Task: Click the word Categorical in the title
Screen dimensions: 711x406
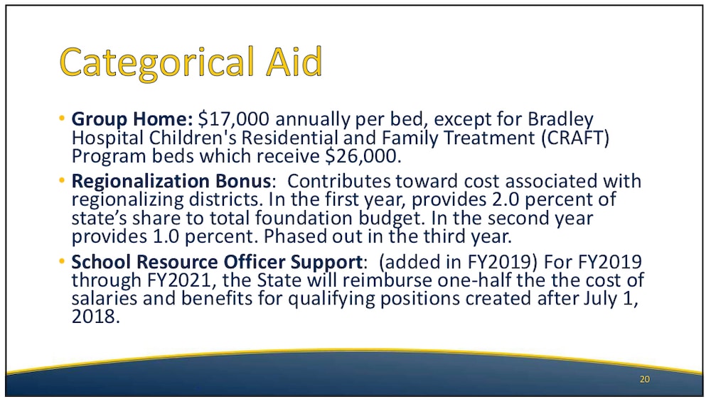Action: click(x=157, y=63)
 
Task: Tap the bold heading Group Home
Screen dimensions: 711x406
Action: click(x=132, y=119)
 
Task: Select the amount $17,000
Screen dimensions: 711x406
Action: click(x=233, y=119)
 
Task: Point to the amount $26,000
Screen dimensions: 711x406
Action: click(x=363, y=156)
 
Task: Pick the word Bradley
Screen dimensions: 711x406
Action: click(x=560, y=120)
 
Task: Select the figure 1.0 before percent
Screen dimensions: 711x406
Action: click(x=164, y=236)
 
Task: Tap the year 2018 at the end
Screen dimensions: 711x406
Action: click(x=96, y=317)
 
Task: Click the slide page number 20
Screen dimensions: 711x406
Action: click(x=644, y=379)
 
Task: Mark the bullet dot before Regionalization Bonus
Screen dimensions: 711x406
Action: click(x=62, y=180)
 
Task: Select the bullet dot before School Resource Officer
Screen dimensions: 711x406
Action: click(x=62, y=261)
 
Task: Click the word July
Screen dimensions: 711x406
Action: click(x=600, y=299)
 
